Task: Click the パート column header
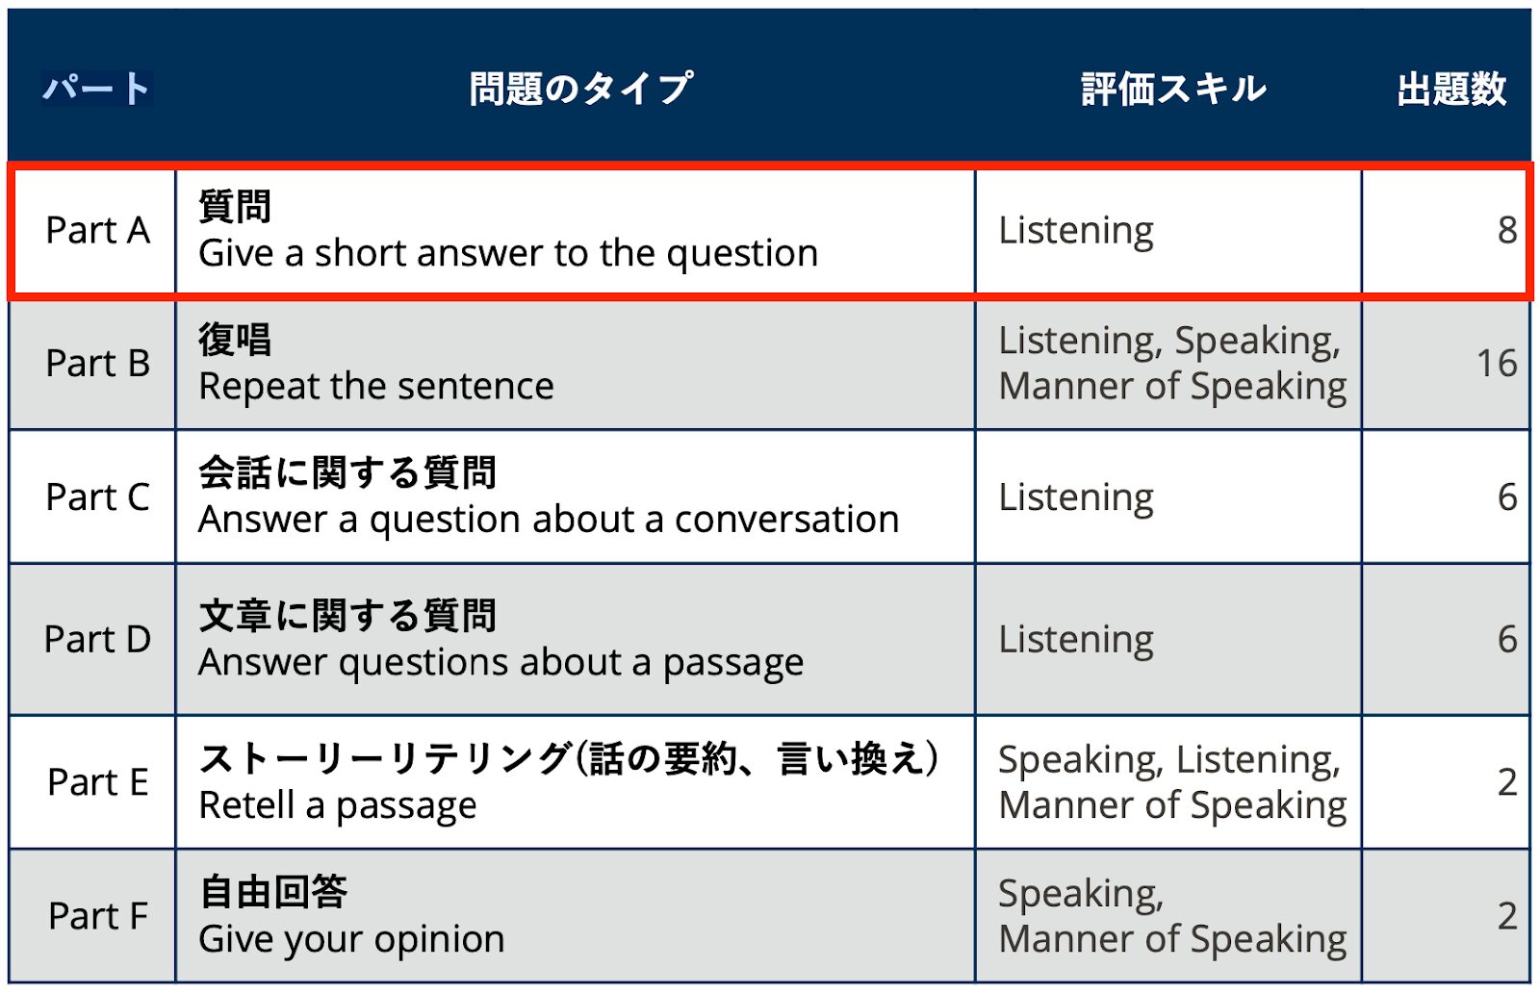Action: pyautogui.click(x=96, y=89)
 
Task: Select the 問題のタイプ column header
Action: pyautogui.click(x=580, y=89)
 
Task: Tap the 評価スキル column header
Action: pyautogui.click(x=1173, y=89)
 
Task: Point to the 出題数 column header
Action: pyautogui.click(x=1451, y=89)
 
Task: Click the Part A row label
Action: pyautogui.click(x=97, y=231)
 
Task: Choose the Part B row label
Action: pyautogui.click(x=97, y=364)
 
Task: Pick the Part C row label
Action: pyautogui.click(x=97, y=497)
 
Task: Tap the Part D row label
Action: pyautogui.click(x=97, y=640)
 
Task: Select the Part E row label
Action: pyautogui.click(x=97, y=782)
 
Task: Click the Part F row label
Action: pyautogui.click(x=97, y=916)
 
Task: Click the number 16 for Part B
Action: pyautogui.click(x=1497, y=364)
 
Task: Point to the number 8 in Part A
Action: pyautogui.click(x=1507, y=231)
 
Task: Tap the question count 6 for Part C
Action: pyautogui.click(x=1507, y=497)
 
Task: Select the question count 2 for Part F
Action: pyautogui.click(x=1507, y=916)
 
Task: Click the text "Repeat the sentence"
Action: pyautogui.click(x=376, y=387)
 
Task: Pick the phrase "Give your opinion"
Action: pyautogui.click(x=351, y=939)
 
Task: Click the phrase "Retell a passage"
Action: pyautogui.click(x=337, y=805)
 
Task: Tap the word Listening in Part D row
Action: pyautogui.click(x=1076, y=640)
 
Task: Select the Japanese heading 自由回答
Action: pyautogui.click(x=273, y=892)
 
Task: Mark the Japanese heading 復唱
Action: pyautogui.click(x=235, y=340)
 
